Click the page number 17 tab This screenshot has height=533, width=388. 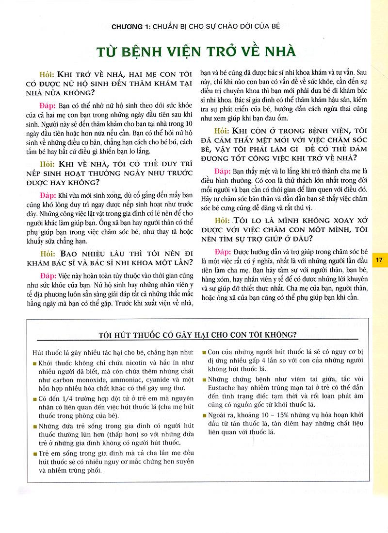[x=379, y=260]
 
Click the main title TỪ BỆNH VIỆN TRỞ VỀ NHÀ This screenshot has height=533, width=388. [x=194, y=50]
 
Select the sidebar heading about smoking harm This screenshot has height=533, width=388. [x=197, y=334]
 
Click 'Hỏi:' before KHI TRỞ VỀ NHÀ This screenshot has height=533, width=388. [x=46, y=75]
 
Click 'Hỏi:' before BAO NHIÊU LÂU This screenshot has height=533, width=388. [x=46, y=253]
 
